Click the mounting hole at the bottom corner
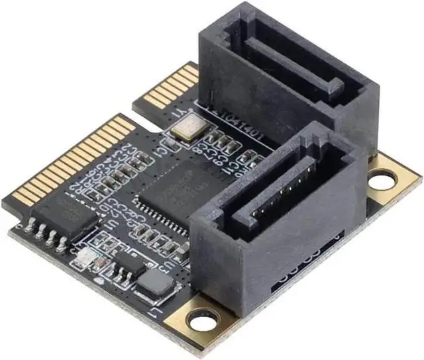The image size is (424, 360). click(x=199, y=320)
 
